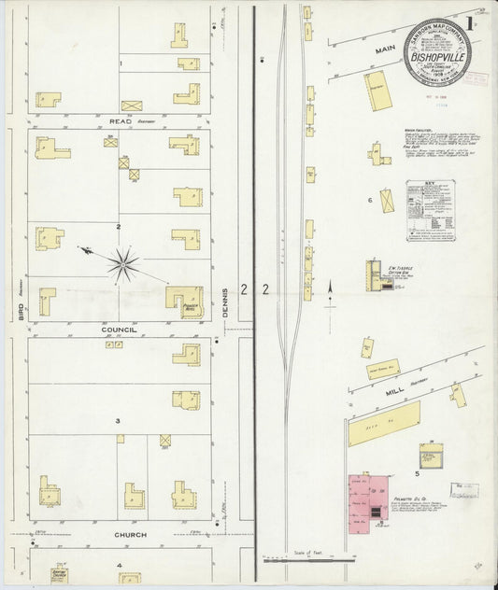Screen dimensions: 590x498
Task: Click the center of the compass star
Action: click(122, 264)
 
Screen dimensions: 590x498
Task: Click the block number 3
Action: click(118, 421)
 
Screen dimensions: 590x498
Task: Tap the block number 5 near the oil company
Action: click(418, 474)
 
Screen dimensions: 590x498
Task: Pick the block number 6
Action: click(370, 200)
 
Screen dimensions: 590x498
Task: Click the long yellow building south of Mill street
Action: click(383, 424)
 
